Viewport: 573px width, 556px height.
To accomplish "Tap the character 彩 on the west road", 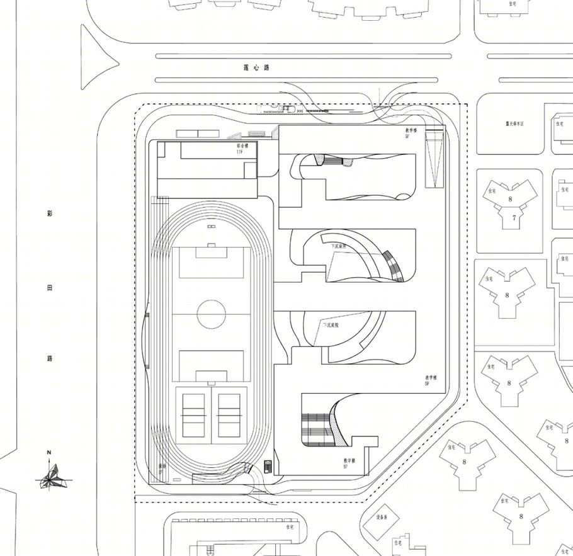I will [x=50, y=213].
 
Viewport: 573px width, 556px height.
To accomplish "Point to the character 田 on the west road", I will [x=50, y=287].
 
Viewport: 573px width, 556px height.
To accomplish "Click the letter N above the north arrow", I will [x=48, y=452].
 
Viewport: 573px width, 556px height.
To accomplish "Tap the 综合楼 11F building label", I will [x=239, y=149].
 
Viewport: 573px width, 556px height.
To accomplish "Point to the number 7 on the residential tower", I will [x=514, y=218].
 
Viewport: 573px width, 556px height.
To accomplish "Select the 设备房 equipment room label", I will [x=385, y=516].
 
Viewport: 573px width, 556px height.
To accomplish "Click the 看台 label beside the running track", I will [x=162, y=467].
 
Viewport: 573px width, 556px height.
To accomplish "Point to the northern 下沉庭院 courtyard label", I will [x=339, y=247].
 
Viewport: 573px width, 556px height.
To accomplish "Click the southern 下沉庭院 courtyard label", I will [x=331, y=326].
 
